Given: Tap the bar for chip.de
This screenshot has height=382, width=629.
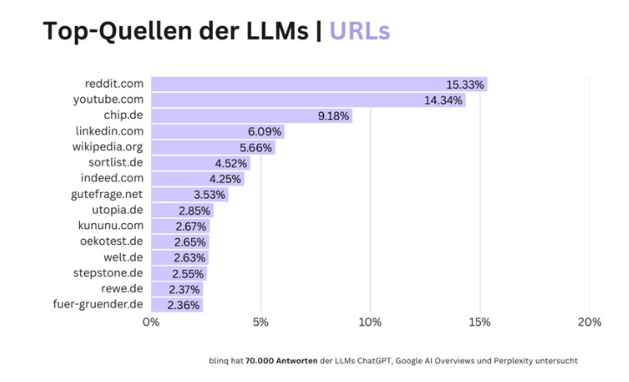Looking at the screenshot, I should coord(251,115).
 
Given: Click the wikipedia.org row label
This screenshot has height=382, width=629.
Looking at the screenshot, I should coord(108,147).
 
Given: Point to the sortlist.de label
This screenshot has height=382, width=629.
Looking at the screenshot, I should coord(116,162).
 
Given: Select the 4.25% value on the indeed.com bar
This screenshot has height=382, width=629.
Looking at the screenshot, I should coord(225,179).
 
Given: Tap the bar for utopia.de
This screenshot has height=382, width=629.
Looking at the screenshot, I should coord(182,210).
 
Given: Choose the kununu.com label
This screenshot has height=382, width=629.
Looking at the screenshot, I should coord(111,226).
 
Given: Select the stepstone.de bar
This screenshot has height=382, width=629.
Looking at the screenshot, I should coord(179,273).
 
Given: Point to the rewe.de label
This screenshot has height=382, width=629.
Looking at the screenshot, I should coord(123,289).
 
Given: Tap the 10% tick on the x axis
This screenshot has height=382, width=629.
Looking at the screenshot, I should coord(370,322).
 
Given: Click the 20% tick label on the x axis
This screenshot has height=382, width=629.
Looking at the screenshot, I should coord(589,322).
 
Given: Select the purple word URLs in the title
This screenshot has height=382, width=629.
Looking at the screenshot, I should coord(360,30).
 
